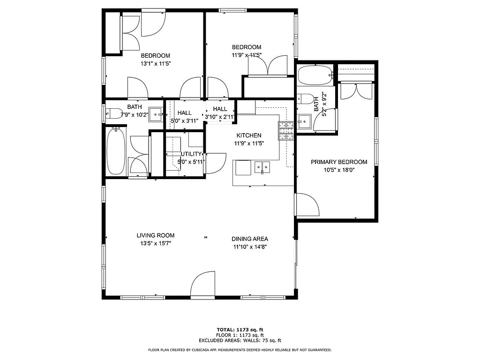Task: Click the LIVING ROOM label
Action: tap(156, 235)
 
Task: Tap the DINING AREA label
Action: tap(250, 239)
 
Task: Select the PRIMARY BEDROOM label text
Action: tap(339, 162)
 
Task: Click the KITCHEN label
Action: tap(248, 135)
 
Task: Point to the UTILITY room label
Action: tap(191, 154)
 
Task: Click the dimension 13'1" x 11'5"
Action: tap(156, 63)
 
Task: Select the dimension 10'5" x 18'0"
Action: tap(339, 170)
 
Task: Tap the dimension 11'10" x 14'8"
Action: tap(250, 247)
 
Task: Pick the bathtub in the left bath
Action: tap(115, 151)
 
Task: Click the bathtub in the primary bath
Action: tap(315, 75)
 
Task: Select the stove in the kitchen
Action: tap(285, 131)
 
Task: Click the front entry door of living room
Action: tap(202, 285)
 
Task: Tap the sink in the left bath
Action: tap(156, 113)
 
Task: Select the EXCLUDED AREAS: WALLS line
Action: tap(240, 341)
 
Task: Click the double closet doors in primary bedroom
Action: tap(356, 90)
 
